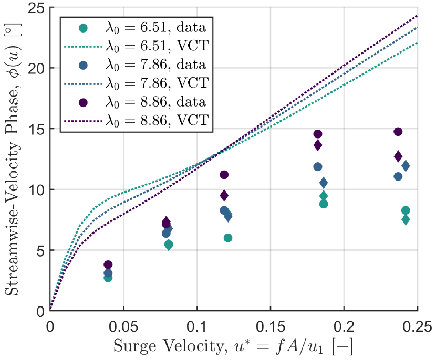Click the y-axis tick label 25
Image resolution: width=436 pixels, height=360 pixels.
tap(37, 9)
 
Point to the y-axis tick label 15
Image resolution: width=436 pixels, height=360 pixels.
tap(37, 129)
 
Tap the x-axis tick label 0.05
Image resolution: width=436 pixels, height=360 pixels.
tap(123, 322)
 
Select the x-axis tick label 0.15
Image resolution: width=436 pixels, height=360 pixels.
tap(271, 322)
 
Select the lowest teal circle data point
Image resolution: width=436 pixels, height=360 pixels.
tap(108, 278)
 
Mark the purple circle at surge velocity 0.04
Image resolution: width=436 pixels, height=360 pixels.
tap(108, 265)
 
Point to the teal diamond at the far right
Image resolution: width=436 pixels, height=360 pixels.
tap(406, 220)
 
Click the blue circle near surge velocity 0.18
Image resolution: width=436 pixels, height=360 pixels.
tap(318, 167)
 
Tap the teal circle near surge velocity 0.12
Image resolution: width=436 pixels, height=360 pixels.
tap(228, 238)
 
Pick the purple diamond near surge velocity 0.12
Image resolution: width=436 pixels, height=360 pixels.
tap(224, 196)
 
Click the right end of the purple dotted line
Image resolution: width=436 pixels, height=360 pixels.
tap(418, 15)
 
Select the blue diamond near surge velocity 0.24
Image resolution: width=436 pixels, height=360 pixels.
tap(406, 166)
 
